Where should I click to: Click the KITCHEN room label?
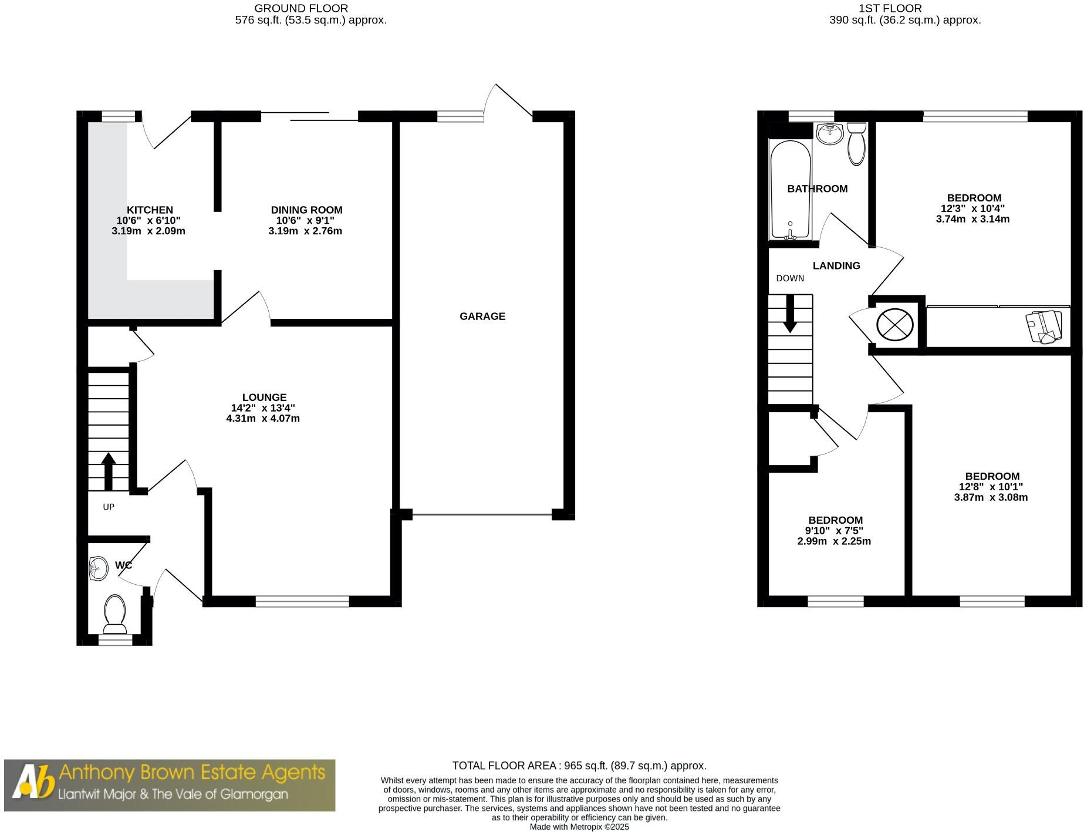click(150, 210)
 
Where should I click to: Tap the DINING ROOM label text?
click(306, 210)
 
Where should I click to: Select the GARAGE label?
click(482, 316)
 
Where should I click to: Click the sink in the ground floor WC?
click(99, 568)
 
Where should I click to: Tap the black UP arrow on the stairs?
click(108, 471)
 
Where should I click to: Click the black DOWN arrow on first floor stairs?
click(790, 313)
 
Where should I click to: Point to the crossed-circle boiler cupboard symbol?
click(894, 325)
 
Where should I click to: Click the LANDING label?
click(836, 266)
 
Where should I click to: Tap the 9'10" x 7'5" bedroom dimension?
click(834, 531)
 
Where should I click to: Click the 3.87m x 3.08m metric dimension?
click(991, 497)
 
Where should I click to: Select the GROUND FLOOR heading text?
click(301, 8)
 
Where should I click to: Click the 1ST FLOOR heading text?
click(890, 8)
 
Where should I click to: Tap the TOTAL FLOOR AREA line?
click(579, 766)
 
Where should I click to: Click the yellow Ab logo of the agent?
click(33, 784)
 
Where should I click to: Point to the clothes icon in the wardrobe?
click(1044, 326)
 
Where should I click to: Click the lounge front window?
click(302, 601)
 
